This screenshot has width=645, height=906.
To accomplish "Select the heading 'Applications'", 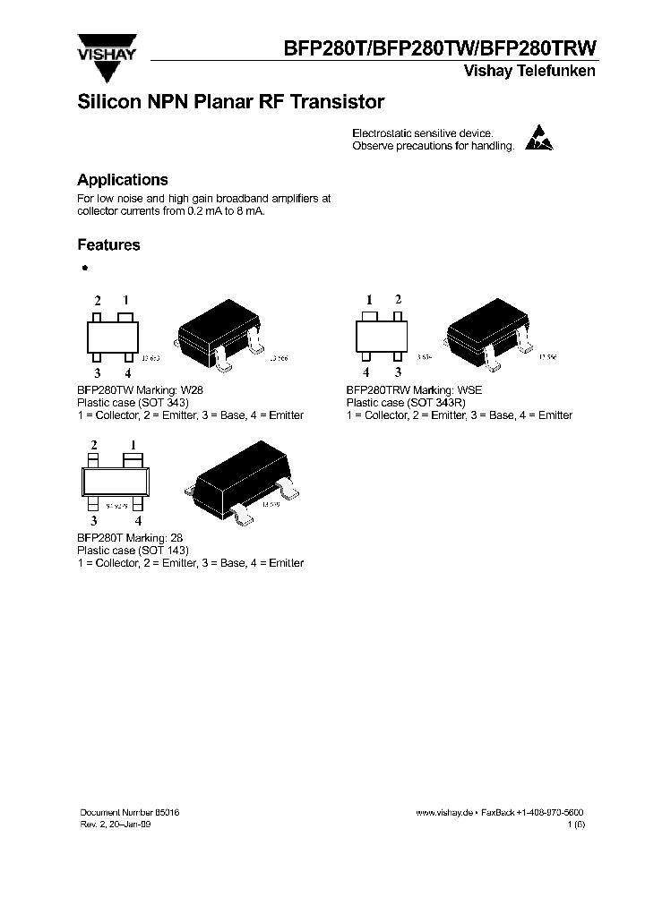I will click(x=122, y=180).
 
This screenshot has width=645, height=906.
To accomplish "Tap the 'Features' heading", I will click(x=108, y=244).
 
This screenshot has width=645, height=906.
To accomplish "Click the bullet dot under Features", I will click(x=84, y=268).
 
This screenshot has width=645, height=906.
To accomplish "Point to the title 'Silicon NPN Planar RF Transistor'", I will click(x=230, y=102).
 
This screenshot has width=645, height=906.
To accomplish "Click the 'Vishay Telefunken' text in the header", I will click(x=529, y=72).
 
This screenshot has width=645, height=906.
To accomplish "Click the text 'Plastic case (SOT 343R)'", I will click(x=407, y=403).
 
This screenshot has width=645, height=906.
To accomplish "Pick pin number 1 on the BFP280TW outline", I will click(x=125, y=301).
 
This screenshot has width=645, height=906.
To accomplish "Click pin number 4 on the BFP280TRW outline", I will click(x=365, y=372).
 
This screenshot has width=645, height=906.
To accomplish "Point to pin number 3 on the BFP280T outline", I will click(x=93, y=520).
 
